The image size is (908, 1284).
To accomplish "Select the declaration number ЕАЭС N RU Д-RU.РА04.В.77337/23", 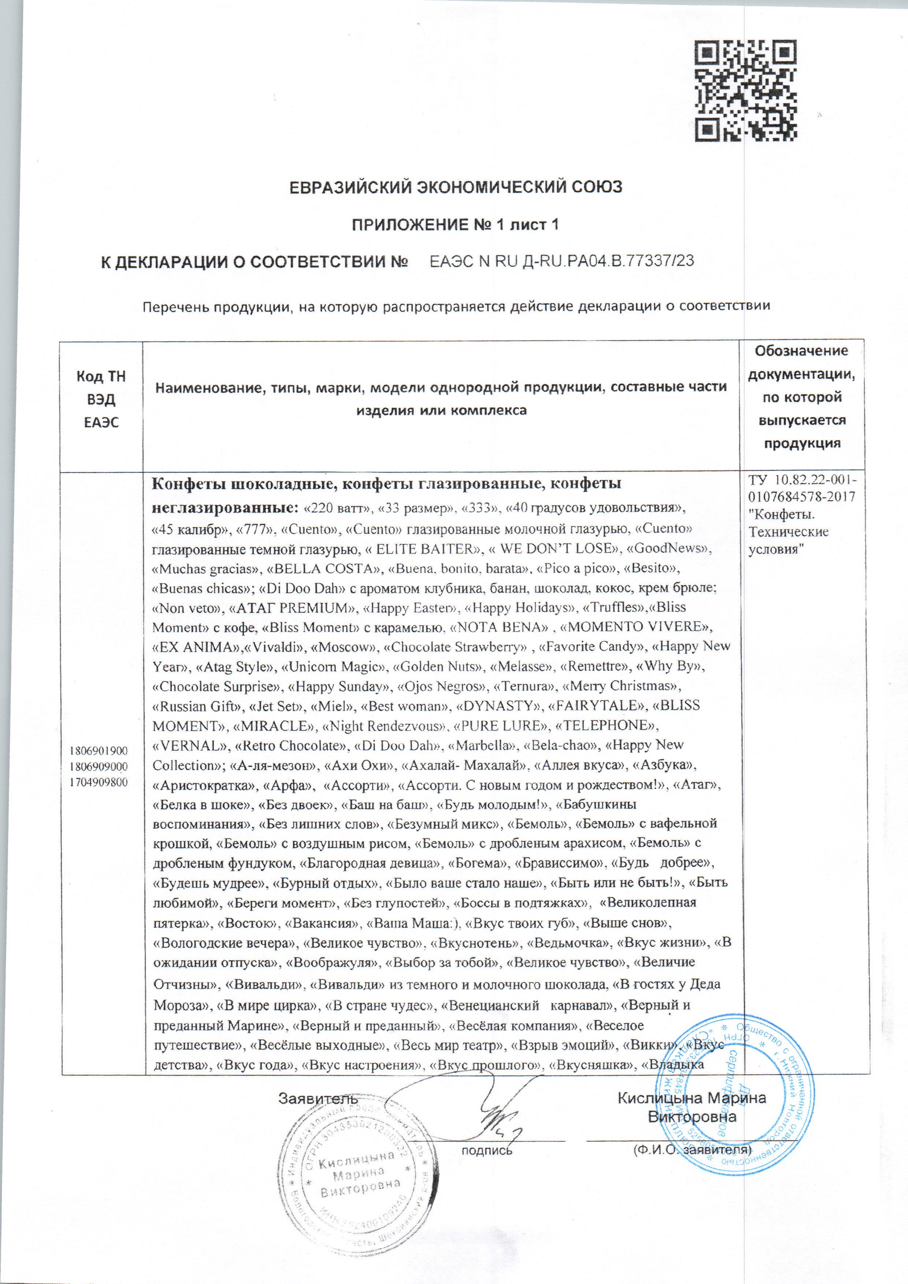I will (x=562, y=261).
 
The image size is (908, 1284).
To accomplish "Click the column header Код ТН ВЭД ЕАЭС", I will (x=101, y=399).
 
